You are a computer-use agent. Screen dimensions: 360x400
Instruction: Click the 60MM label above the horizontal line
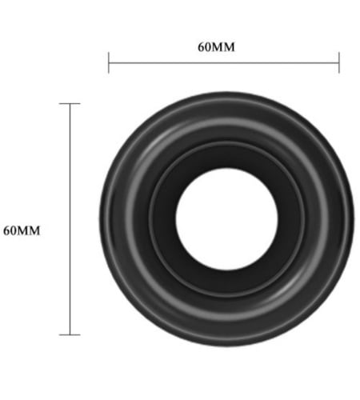216,47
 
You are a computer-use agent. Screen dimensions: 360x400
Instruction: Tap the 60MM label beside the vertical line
22,231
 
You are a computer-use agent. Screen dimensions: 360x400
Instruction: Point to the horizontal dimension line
224,63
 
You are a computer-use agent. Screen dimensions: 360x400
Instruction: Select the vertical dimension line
70,219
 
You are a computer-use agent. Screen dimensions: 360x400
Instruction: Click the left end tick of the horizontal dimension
109,62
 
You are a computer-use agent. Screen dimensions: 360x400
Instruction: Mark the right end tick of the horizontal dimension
339,62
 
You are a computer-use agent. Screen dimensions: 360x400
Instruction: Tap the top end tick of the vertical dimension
70,103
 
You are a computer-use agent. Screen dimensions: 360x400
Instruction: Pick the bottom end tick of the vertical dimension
70,334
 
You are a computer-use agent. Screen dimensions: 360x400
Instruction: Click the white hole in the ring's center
226,219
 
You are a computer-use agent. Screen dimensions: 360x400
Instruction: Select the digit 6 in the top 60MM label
201,47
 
